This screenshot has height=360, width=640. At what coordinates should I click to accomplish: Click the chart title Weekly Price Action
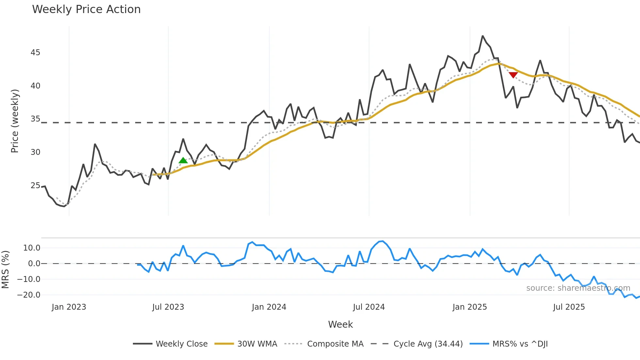86,9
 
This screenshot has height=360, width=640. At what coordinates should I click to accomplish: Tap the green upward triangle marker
183,160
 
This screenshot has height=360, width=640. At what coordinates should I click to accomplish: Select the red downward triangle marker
513,75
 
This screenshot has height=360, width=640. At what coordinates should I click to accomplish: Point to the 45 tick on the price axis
35,53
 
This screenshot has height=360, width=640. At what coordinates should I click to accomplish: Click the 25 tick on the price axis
35,186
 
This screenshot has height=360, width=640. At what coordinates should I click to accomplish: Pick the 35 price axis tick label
35,119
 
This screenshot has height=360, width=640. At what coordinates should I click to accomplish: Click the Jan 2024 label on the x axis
269,307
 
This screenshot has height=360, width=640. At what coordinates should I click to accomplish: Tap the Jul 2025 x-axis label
569,307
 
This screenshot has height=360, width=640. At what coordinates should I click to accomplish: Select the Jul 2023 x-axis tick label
168,307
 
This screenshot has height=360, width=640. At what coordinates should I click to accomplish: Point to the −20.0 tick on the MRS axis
29,295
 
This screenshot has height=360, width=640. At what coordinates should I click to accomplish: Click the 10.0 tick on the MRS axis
32,248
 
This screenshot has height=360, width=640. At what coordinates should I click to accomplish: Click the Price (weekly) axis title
15,121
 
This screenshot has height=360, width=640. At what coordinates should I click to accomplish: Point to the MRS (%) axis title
5,270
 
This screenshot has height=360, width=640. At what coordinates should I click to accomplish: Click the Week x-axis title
340,324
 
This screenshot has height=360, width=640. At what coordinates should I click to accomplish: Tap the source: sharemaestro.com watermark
578,288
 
